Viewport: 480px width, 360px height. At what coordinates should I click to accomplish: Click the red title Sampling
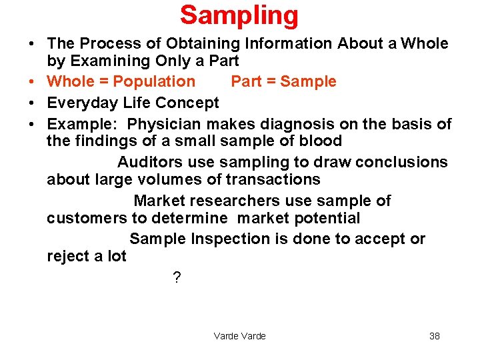point(239,15)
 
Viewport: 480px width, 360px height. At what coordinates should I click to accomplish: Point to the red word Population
point(155,82)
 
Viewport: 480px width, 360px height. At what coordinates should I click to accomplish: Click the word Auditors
point(151,163)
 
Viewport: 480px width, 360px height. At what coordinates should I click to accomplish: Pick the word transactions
point(273,180)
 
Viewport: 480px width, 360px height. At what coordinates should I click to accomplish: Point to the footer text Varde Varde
point(239,336)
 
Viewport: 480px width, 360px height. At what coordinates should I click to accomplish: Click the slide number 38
point(434,336)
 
